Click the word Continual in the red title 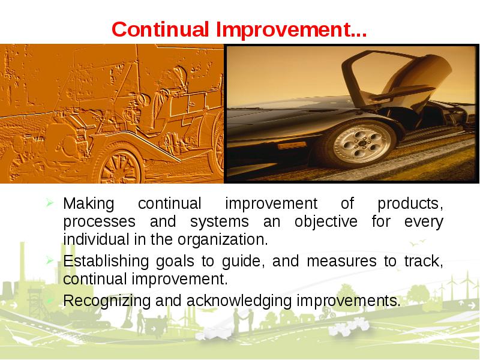point(160,29)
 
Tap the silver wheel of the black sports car point(362,143)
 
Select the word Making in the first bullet point(88,204)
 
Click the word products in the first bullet point(410,204)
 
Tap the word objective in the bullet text point(326,222)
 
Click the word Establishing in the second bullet point(106,262)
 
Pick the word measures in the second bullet point(341,262)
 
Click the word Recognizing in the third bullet point(107,301)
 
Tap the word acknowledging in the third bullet point(239,301)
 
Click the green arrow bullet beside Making point(50,202)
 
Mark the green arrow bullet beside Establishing point(50,260)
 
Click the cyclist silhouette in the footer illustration point(327,313)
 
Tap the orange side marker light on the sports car point(291,146)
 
